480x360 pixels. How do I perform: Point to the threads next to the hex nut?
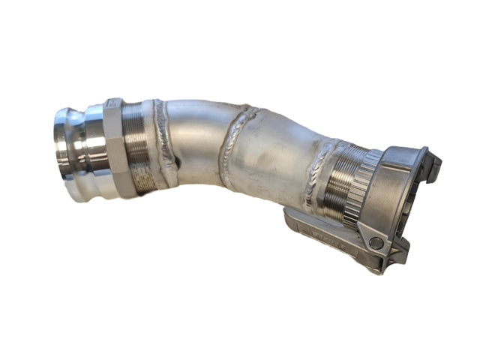pos(137,147)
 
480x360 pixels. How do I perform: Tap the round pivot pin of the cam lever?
pos(374,242)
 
